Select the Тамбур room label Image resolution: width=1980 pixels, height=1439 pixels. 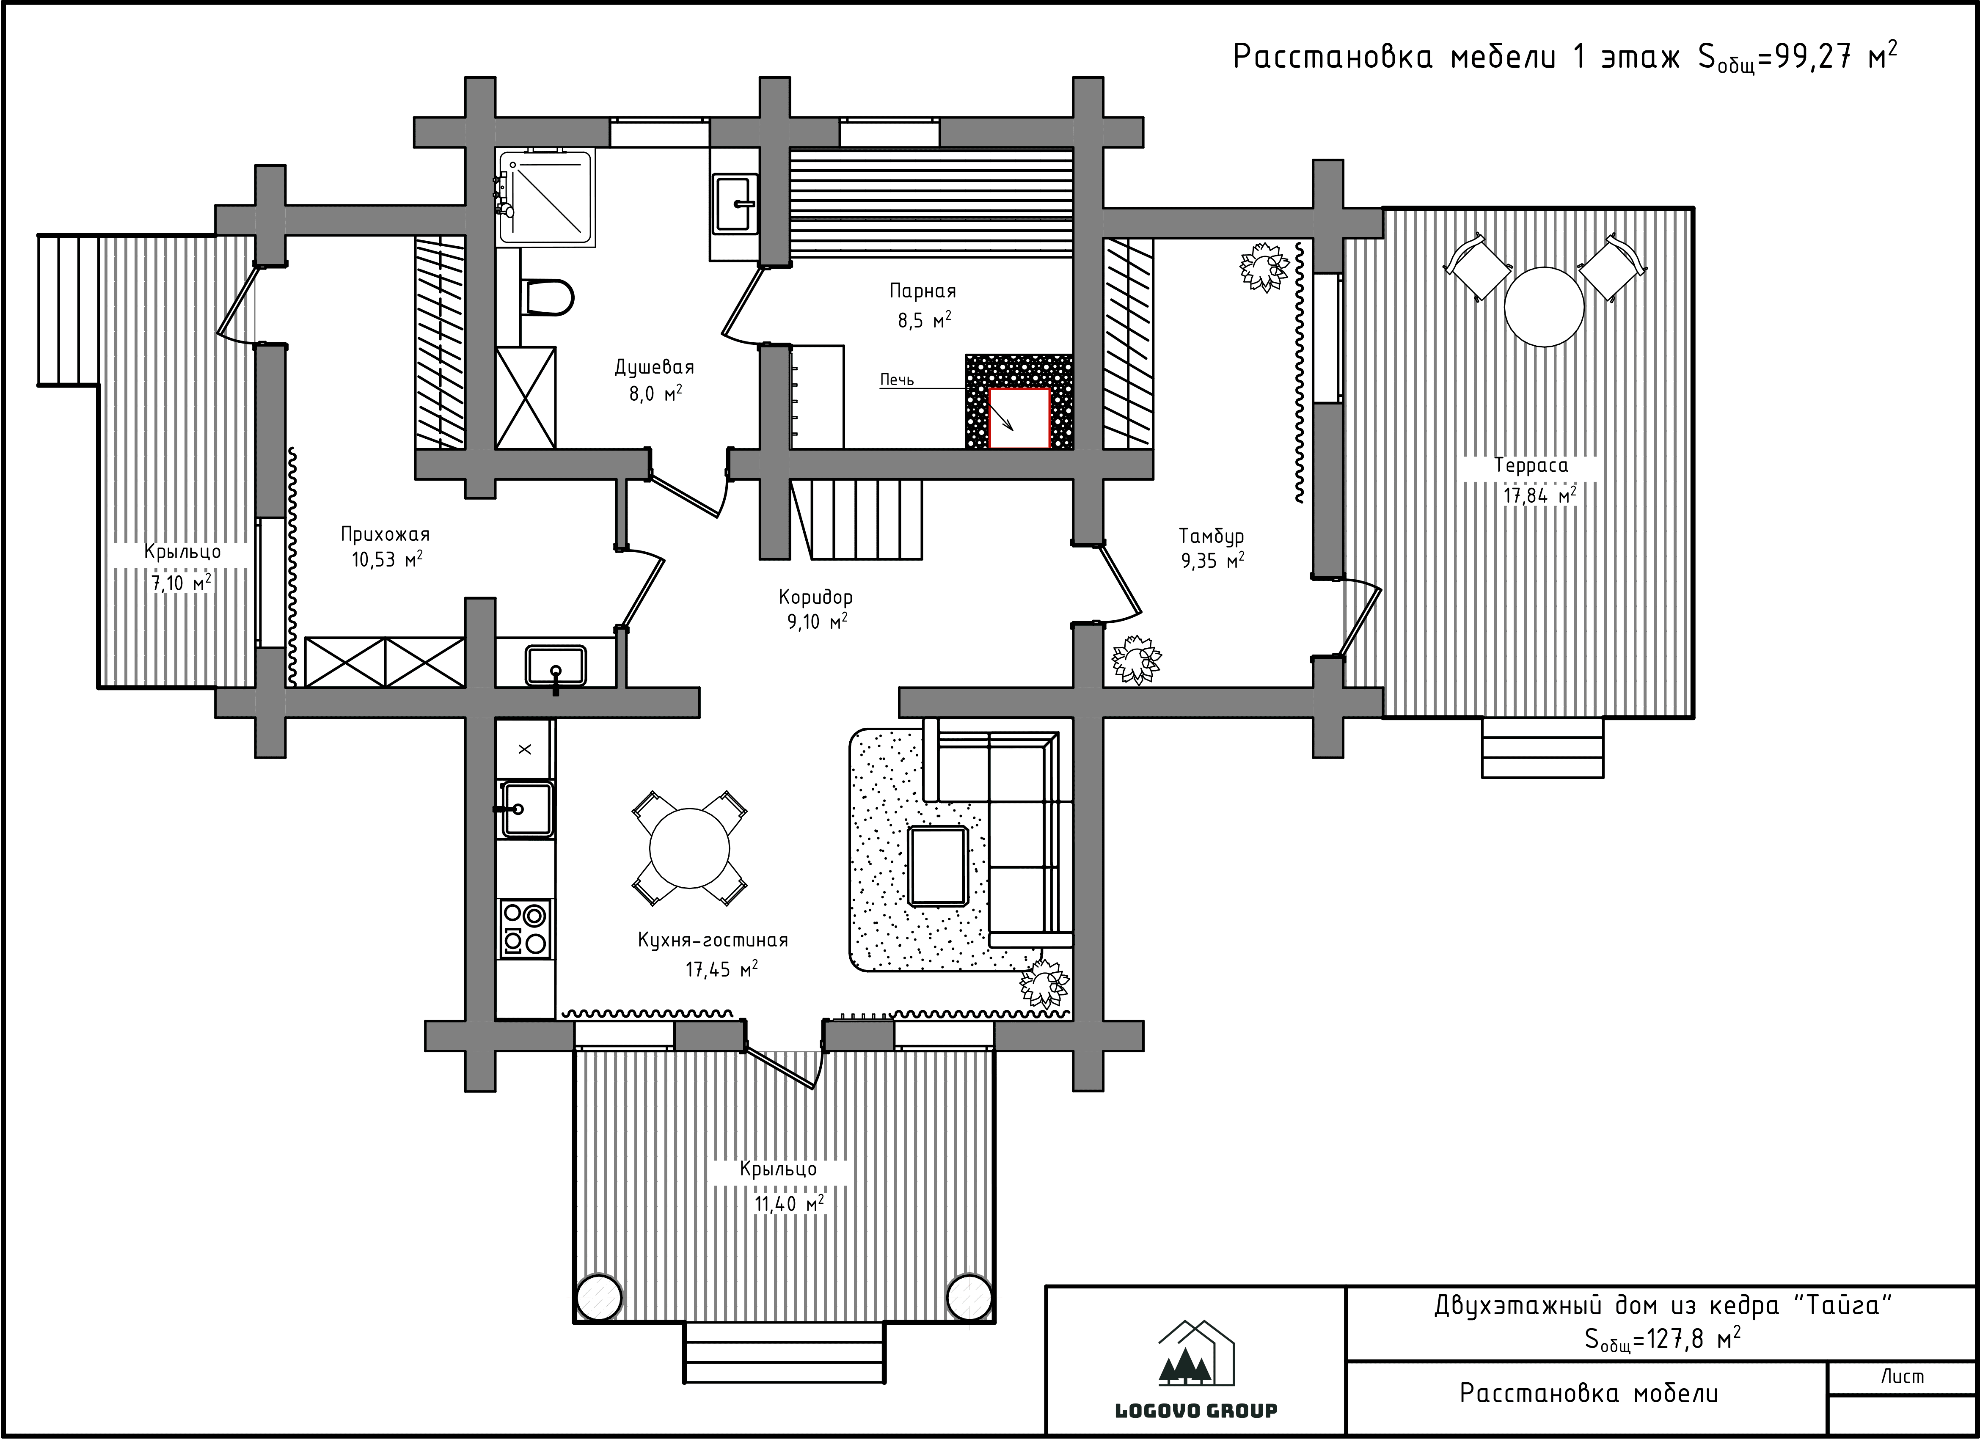1212,536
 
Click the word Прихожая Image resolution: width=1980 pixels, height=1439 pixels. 385,534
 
